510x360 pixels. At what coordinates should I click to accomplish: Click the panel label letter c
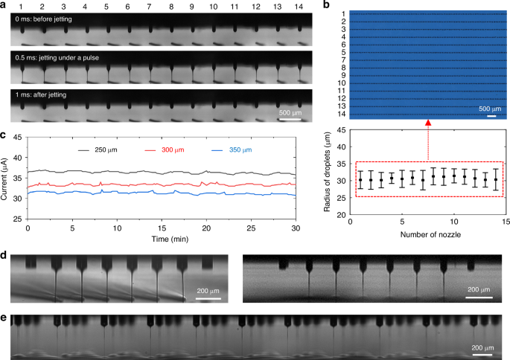coord(4,135)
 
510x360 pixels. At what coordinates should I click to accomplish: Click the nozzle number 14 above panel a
coord(299,6)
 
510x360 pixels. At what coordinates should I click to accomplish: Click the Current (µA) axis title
coord(6,178)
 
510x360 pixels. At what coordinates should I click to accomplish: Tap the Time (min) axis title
coord(162,242)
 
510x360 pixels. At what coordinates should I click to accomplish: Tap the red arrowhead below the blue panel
coord(428,123)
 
